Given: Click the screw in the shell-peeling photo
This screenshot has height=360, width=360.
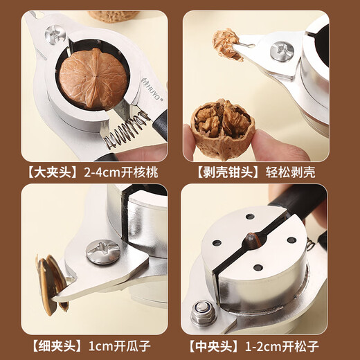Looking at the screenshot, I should coord(282,51).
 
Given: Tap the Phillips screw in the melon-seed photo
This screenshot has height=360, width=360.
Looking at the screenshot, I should coord(102,251).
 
